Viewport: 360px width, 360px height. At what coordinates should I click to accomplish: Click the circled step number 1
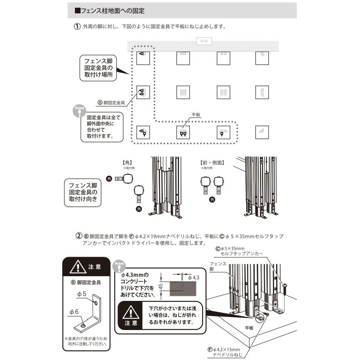[77, 27]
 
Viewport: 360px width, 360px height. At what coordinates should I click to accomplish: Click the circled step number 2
[79, 236]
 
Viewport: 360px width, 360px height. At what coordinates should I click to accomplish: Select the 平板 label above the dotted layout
[196, 115]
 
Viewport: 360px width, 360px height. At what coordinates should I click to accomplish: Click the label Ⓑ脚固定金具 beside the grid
[111, 103]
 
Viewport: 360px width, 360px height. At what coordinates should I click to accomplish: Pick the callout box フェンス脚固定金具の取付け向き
[83, 192]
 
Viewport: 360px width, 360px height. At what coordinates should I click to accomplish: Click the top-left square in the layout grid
[143, 58]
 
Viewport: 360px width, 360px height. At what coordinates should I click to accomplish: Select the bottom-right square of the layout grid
[262, 132]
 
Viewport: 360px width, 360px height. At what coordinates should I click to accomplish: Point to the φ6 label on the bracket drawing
[74, 311]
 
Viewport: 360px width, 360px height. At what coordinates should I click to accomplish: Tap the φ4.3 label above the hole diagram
[194, 277]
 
